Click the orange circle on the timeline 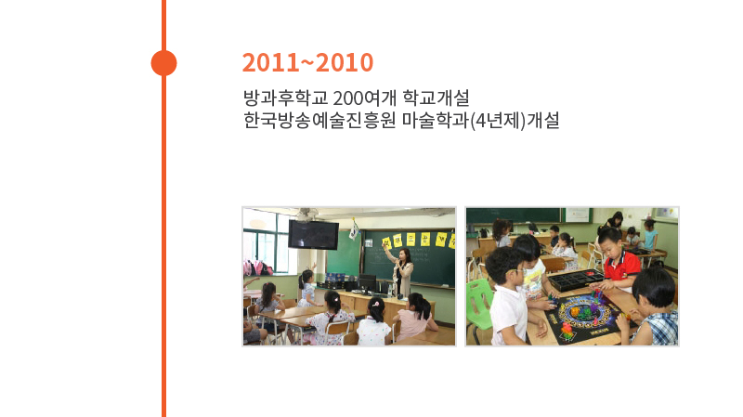[x=164, y=63]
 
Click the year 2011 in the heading [x=270, y=62]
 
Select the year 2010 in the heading [x=345, y=62]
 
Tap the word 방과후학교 [x=285, y=98]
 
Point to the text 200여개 [x=364, y=98]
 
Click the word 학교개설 [x=436, y=98]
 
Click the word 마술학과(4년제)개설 [x=480, y=121]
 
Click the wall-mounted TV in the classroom [x=313, y=234]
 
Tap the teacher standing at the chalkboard [x=402, y=271]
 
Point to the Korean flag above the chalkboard [x=354, y=228]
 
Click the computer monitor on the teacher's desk [x=367, y=283]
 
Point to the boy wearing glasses [x=508, y=298]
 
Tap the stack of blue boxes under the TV [x=335, y=279]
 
